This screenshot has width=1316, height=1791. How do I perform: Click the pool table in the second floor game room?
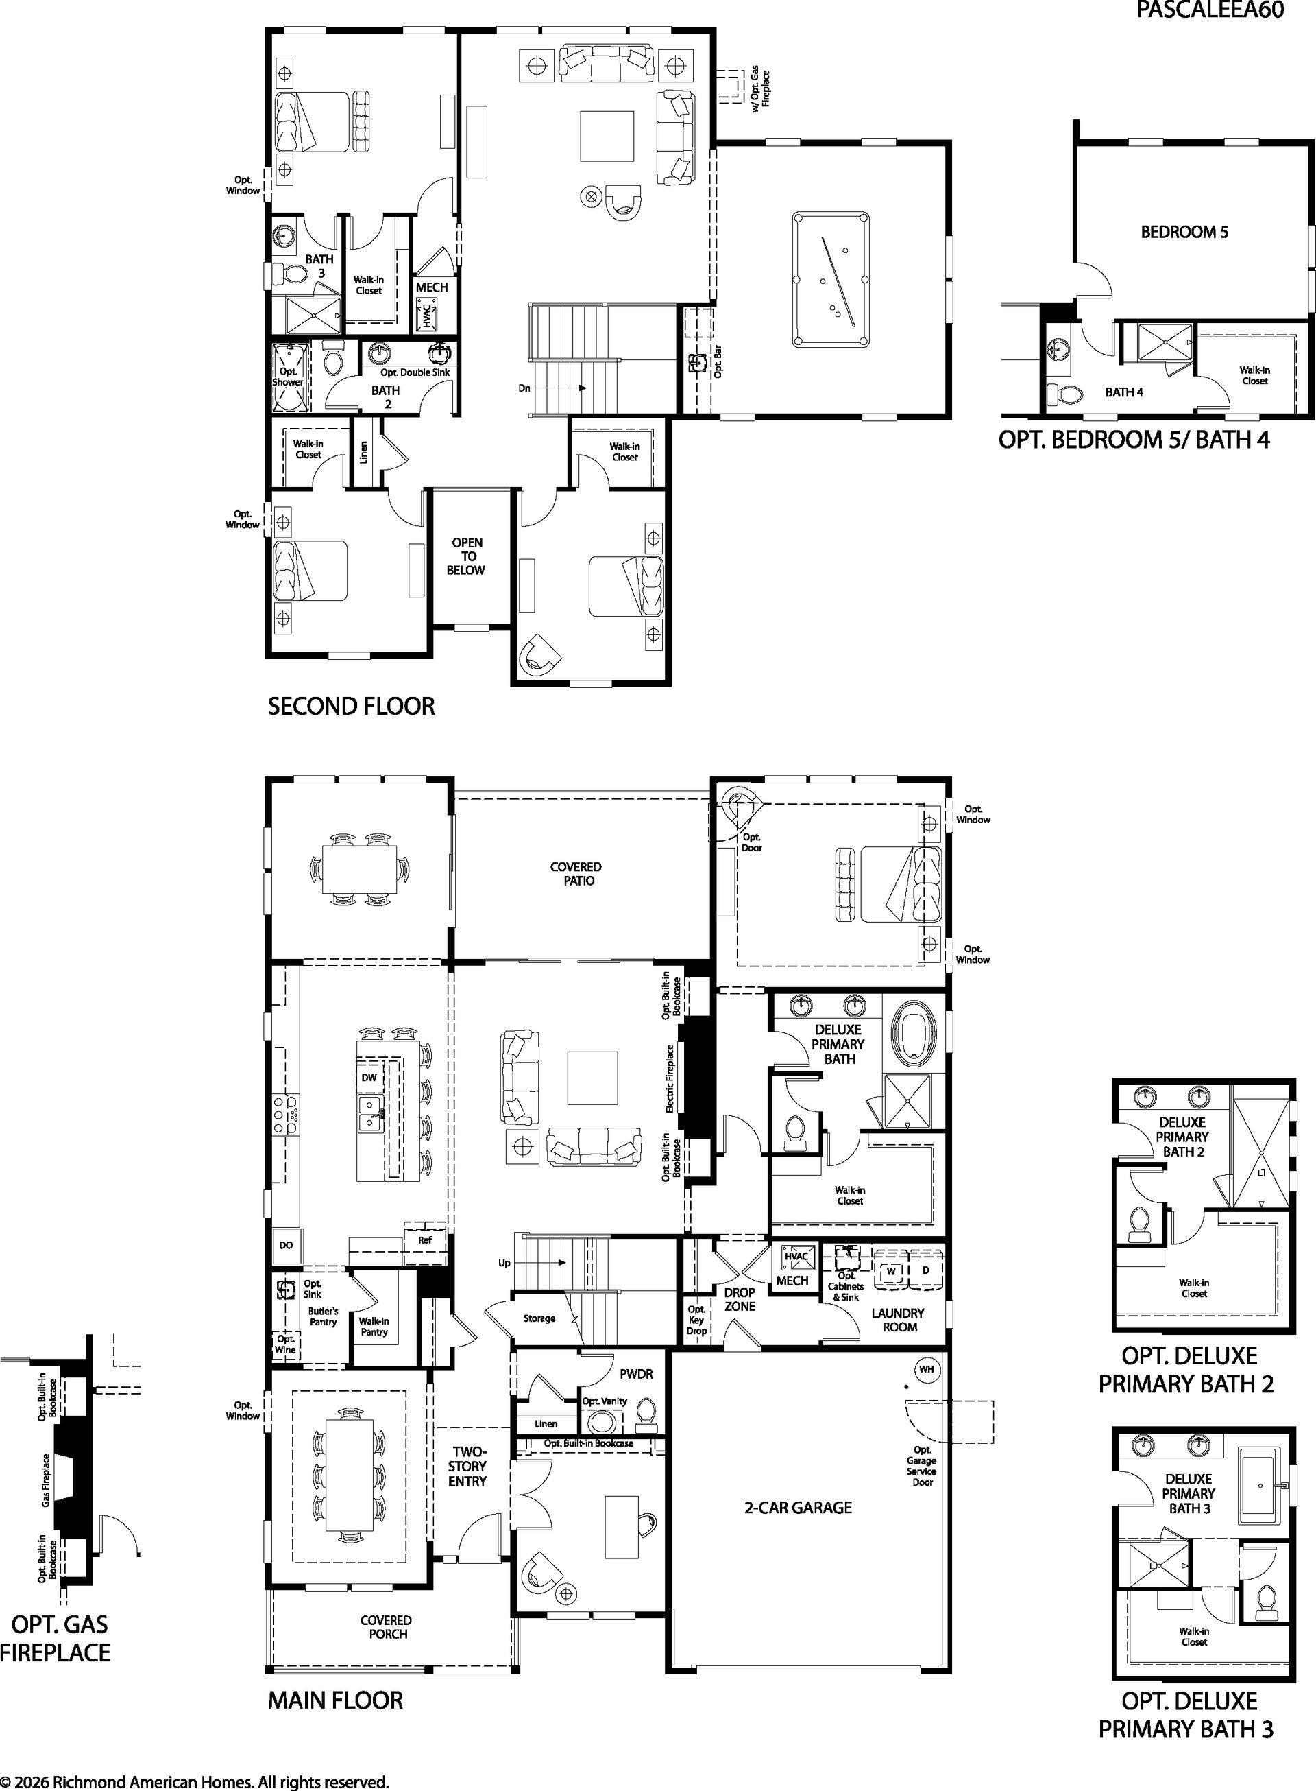(830, 279)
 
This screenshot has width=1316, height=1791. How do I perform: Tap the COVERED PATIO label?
(576, 874)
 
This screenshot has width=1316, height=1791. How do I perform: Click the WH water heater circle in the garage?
(927, 1369)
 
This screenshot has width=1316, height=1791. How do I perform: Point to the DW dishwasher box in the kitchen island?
(369, 1077)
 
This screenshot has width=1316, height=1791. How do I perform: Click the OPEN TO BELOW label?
(466, 556)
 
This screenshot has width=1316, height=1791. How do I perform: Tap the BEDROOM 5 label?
(1184, 232)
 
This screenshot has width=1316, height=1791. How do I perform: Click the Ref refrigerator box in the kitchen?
(424, 1240)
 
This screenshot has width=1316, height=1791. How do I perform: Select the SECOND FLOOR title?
(352, 707)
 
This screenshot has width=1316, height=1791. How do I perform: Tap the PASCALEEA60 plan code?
(1209, 10)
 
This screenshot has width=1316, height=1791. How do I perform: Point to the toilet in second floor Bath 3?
(289, 274)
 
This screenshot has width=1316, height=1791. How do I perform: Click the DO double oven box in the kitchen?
(285, 1245)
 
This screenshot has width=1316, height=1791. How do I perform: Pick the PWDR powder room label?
(637, 1375)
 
